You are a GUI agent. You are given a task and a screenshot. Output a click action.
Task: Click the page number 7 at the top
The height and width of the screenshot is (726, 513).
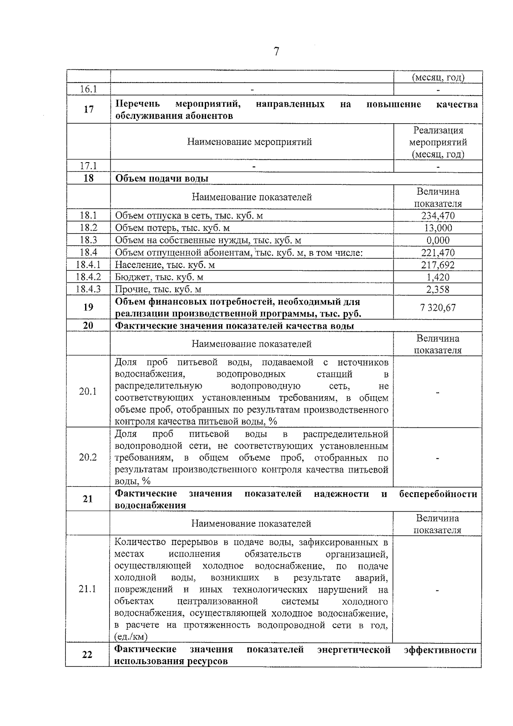(276, 52)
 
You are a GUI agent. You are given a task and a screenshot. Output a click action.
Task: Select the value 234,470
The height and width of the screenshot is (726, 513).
(438, 216)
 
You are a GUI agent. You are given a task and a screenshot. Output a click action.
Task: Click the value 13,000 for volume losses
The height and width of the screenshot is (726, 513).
(438, 228)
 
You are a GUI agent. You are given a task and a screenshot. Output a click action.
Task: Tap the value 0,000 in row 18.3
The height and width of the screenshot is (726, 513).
(438, 240)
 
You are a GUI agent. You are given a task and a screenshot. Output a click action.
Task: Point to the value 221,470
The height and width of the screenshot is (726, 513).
(438, 253)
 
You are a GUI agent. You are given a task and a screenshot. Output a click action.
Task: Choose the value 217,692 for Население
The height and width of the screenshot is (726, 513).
(438, 265)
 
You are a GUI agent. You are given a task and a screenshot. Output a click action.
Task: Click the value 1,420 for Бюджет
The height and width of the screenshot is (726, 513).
(438, 277)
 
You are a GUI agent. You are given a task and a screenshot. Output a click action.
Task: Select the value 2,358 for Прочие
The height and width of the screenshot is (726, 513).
(438, 290)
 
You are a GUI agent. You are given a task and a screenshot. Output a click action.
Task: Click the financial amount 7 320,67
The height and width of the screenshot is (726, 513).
(438, 308)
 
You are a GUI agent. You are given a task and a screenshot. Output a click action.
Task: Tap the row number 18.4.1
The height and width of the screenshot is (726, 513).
(88, 265)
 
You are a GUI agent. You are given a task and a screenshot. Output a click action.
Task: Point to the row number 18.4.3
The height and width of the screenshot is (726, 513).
(88, 290)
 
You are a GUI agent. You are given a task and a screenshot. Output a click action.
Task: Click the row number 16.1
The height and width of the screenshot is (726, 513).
(88, 89)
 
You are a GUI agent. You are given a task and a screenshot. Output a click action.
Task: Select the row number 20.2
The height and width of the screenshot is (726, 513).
(88, 457)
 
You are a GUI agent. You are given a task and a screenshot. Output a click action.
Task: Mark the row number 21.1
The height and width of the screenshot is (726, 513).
(88, 589)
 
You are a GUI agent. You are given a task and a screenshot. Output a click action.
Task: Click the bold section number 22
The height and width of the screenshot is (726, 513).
(87, 655)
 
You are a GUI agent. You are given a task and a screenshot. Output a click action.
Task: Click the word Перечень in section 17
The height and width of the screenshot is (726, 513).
(138, 104)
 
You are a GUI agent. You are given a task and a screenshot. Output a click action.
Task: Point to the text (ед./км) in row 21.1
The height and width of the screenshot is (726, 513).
(131, 637)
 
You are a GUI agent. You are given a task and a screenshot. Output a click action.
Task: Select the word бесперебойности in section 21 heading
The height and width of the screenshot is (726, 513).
(438, 494)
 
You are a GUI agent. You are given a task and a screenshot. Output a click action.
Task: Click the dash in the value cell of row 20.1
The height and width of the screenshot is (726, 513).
(438, 392)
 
